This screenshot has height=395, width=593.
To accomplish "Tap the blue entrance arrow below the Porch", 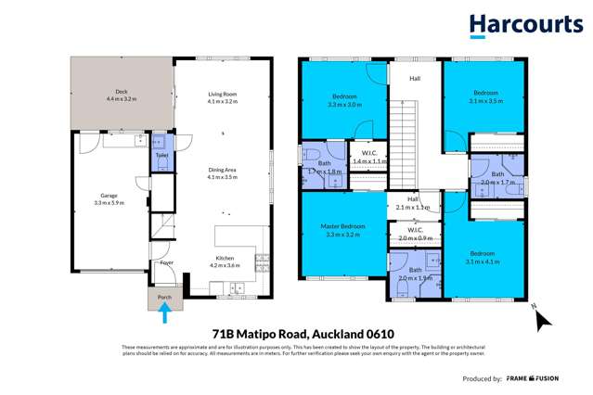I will click(x=165, y=315).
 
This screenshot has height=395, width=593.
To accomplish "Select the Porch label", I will click(x=165, y=297).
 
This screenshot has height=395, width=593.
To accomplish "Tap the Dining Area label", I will click(x=224, y=172).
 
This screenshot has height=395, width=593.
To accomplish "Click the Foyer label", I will click(x=167, y=262).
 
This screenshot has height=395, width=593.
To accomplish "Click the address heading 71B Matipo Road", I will click(x=296, y=333).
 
